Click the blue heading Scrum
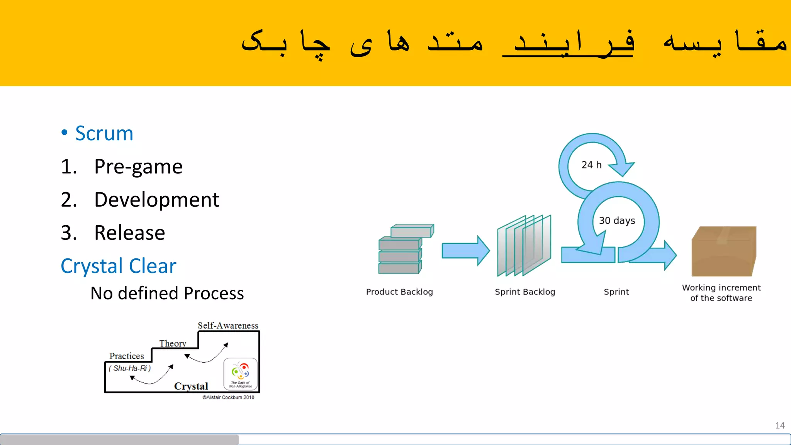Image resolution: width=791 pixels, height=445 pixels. [104, 134]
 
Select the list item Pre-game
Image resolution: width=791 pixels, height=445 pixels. [138, 167]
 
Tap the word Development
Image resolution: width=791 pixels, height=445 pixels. [156, 200]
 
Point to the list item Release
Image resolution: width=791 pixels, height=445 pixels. [129, 233]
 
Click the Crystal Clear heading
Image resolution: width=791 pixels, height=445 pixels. [118, 266]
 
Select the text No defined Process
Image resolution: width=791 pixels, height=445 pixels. [167, 294]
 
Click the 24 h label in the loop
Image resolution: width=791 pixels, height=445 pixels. [591, 165]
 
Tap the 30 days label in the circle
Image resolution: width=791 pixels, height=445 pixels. [617, 221]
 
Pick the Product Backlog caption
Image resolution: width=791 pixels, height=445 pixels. [399, 292]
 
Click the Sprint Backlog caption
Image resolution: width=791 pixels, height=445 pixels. [525, 292]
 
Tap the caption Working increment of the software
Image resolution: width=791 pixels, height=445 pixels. [721, 293]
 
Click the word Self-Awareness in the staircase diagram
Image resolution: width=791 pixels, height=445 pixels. [228, 326]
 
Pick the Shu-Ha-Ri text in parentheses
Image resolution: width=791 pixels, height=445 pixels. [130, 369]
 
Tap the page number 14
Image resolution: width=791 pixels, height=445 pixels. [779, 426]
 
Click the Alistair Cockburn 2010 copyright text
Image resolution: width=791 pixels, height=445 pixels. [228, 397]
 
